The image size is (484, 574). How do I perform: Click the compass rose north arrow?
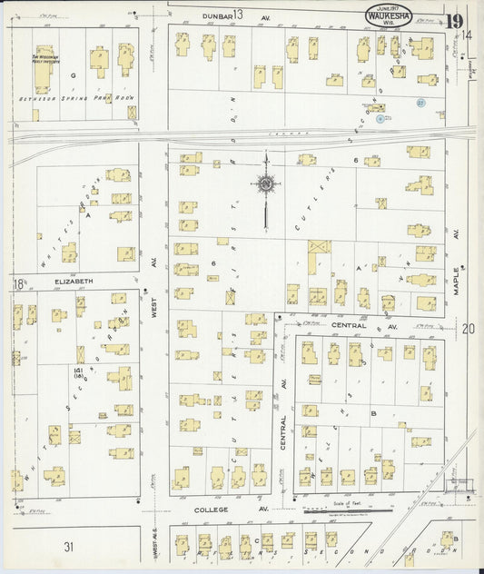(x=265, y=185)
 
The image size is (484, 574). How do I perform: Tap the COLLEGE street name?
(x=212, y=510)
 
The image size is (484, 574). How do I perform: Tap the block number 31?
(x=68, y=546)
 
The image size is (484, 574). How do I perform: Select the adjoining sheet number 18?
(x=18, y=284)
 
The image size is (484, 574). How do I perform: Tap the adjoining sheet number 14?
(x=467, y=35)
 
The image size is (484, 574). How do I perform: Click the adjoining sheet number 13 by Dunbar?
(x=239, y=14)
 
